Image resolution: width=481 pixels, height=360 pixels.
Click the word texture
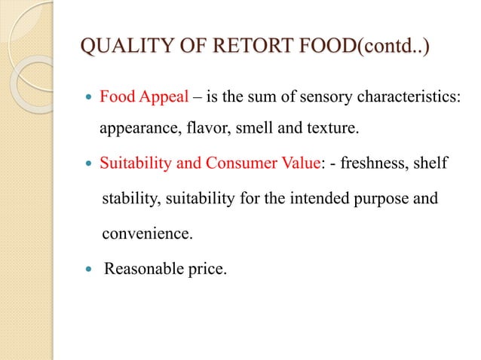[329, 128]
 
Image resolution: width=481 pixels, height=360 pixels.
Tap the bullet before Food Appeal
[88, 99]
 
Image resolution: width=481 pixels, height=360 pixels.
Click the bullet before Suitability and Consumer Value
[88, 159]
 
